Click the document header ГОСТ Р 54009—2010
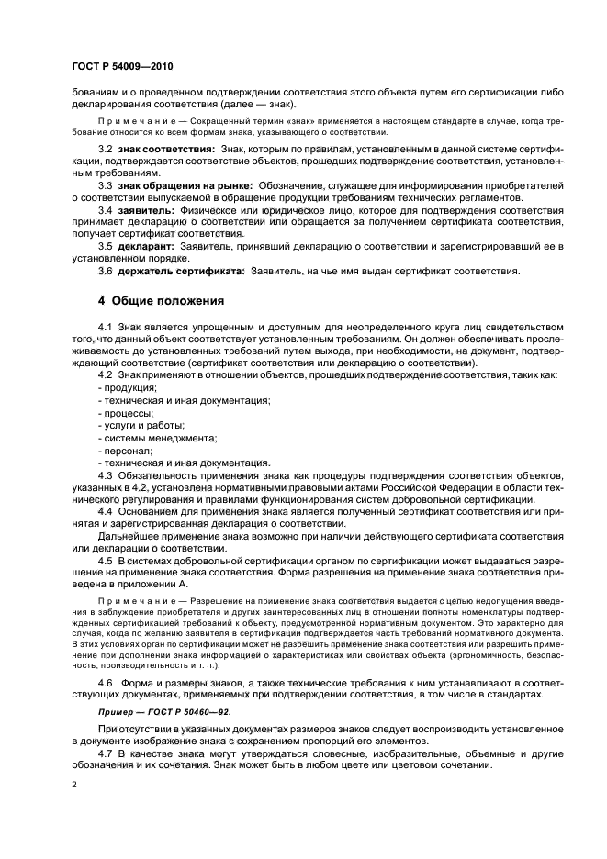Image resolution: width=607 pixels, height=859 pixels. coord(122,68)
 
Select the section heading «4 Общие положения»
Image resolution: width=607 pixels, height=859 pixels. coord(158,301)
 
